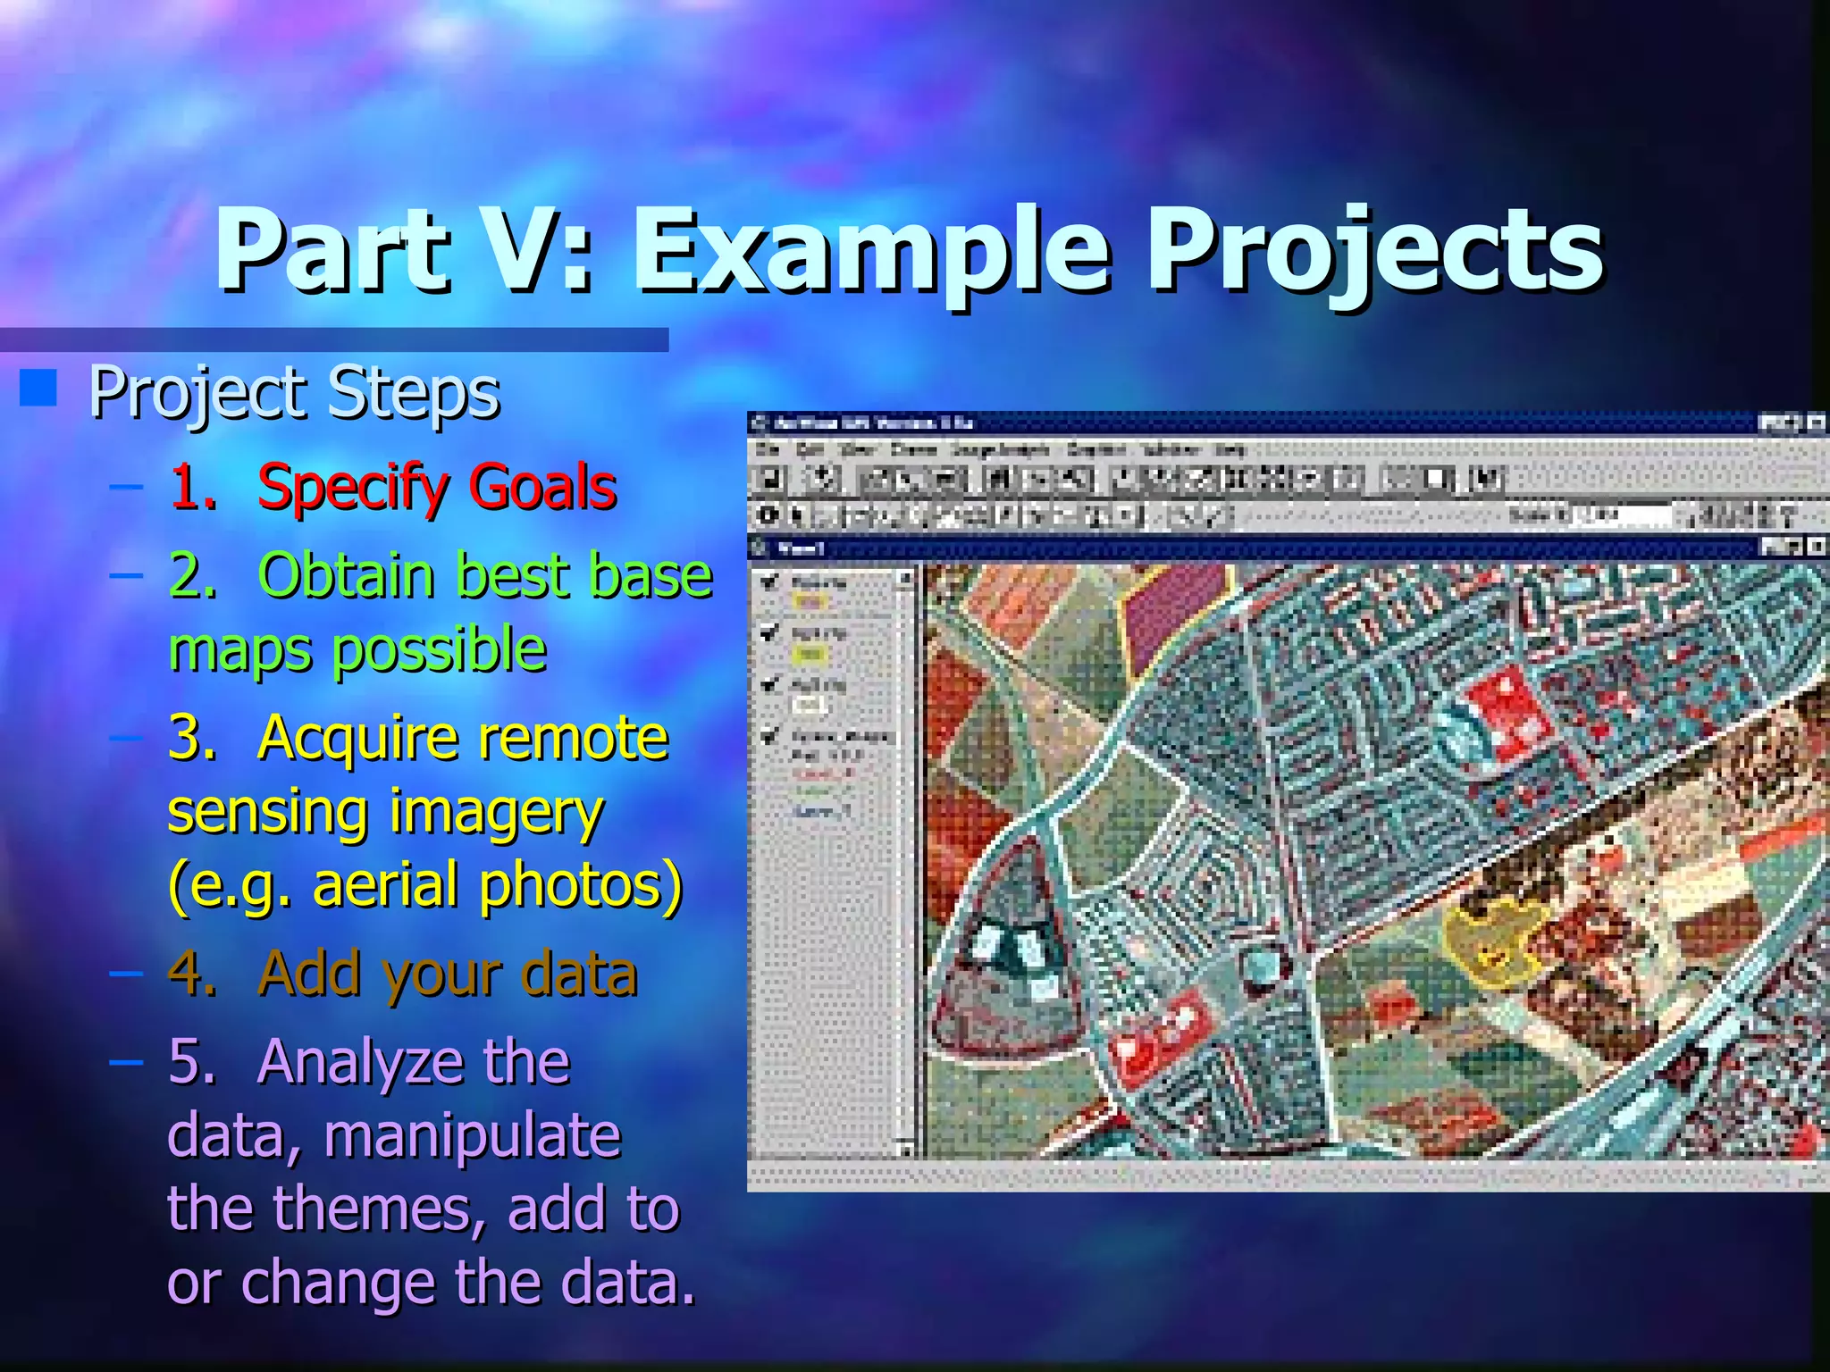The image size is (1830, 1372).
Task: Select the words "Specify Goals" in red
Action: (437, 488)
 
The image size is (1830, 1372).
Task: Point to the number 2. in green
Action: (192, 575)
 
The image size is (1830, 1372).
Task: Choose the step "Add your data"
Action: (447, 974)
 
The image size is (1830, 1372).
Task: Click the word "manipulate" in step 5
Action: (472, 1136)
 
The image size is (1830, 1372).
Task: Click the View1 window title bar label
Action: (800, 548)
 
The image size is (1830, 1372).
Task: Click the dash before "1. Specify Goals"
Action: (126, 488)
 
